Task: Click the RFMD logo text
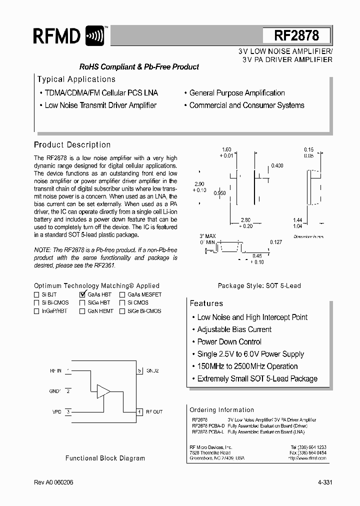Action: click(x=56, y=36)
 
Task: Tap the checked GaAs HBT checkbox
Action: click(x=82, y=294)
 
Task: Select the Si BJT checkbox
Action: click(x=36, y=294)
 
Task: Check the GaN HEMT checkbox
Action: click(x=82, y=311)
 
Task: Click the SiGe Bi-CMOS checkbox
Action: click(x=122, y=311)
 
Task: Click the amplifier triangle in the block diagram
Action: click(x=103, y=391)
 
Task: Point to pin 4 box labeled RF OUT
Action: click(x=140, y=412)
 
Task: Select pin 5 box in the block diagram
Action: click(x=140, y=371)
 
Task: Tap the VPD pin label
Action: click(x=56, y=412)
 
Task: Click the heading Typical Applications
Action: click(x=76, y=79)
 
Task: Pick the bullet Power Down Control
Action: click(x=229, y=342)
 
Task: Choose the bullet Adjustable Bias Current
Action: click(x=234, y=329)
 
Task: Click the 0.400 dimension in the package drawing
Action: click(x=277, y=165)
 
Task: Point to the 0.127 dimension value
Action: click(x=276, y=242)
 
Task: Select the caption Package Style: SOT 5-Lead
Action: click(x=259, y=286)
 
